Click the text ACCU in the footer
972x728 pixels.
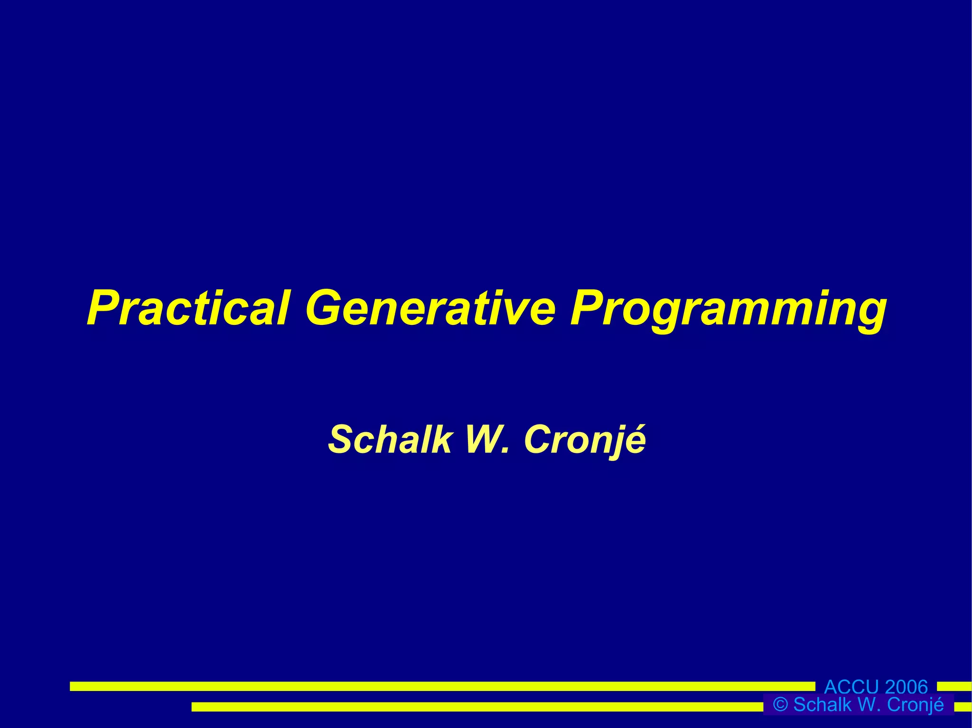click(851, 687)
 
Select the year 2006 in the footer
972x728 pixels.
click(906, 687)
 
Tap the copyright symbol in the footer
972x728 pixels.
click(780, 705)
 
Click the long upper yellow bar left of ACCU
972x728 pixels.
click(441, 686)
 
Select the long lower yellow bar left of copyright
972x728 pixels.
click(475, 707)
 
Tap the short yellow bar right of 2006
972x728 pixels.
click(954, 686)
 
